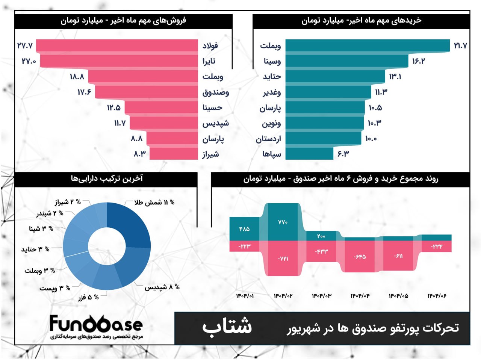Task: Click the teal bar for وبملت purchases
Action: coord(368,45)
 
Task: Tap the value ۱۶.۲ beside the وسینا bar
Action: coord(418,61)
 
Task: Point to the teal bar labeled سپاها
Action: coord(309,154)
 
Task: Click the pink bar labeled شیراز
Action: coord(174,154)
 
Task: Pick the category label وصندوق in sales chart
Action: coord(216,92)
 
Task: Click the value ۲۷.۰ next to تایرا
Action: coord(29,61)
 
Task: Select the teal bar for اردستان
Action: coord(324,138)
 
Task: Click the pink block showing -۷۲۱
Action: coord(283,259)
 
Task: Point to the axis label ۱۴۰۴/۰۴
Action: coord(360,296)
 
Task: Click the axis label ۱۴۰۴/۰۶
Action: coord(437,296)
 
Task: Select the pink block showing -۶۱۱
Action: coord(398,256)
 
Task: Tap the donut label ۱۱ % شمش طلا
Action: coord(154,203)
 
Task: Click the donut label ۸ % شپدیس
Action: coord(162,287)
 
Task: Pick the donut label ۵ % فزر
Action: coord(89,297)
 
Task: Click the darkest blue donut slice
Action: coord(128,225)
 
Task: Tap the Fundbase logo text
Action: coord(96,324)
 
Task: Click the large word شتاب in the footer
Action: coord(227,326)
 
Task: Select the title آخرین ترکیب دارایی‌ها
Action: coord(107,178)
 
